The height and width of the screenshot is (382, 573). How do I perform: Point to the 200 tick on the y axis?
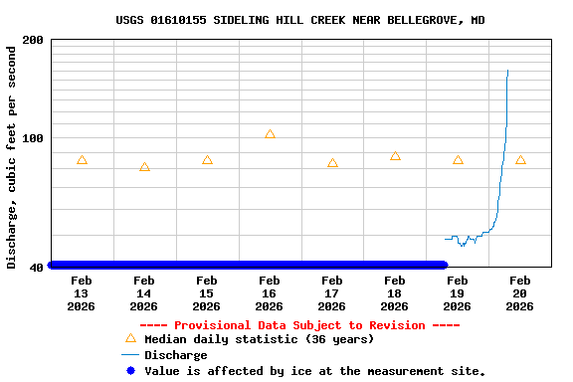click(x=33, y=40)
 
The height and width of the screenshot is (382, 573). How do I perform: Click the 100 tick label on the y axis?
click(x=33, y=138)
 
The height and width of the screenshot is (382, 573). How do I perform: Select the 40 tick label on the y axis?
click(x=37, y=267)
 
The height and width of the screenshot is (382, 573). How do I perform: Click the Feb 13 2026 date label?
click(x=81, y=293)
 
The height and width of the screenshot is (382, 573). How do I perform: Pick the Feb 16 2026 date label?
click(x=269, y=293)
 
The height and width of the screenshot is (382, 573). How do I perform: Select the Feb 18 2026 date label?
click(x=394, y=293)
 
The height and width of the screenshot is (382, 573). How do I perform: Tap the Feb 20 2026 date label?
click(x=519, y=293)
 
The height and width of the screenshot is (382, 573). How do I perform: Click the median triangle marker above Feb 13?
click(x=82, y=160)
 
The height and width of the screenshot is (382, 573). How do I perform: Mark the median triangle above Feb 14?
click(x=144, y=167)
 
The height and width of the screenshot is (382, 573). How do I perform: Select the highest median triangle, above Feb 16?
click(x=270, y=134)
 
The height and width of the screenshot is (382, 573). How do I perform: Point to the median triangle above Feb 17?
click(x=332, y=163)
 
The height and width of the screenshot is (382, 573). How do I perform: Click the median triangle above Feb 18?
click(x=395, y=156)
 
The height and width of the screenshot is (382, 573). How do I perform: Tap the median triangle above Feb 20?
click(x=520, y=160)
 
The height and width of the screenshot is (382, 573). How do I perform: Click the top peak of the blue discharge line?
click(x=507, y=71)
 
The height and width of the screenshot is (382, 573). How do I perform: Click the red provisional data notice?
click(x=299, y=325)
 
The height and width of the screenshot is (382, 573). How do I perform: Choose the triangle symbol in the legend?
click(x=130, y=338)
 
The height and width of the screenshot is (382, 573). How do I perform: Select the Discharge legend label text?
click(x=176, y=355)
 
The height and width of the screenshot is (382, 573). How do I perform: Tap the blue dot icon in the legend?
click(x=130, y=371)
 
